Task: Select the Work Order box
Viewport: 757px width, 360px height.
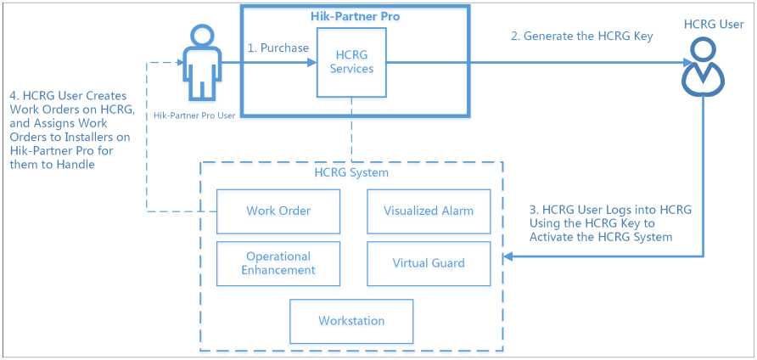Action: pyautogui.click(x=278, y=211)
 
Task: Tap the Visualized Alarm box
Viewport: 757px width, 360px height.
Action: pyautogui.click(x=429, y=211)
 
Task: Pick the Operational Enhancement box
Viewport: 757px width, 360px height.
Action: pyautogui.click(x=278, y=263)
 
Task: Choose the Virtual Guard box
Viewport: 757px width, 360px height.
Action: pyautogui.click(x=429, y=263)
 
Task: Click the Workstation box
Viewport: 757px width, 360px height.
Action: pyautogui.click(x=351, y=321)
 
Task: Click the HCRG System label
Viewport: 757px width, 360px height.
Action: pyautogui.click(x=351, y=173)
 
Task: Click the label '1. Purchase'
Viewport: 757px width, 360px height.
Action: pyautogui.click(x=278, y=48)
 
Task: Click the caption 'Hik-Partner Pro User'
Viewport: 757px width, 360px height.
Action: pyautogui.click(x=196, y=115)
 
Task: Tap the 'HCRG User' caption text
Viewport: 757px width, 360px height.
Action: pyautogui.click(x=713, y=23)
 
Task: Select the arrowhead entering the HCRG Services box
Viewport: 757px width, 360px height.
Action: pyautogui.click(x=313, y=62)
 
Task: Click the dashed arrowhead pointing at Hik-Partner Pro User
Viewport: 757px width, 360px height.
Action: pyautogui.click(x=180, y=62)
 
